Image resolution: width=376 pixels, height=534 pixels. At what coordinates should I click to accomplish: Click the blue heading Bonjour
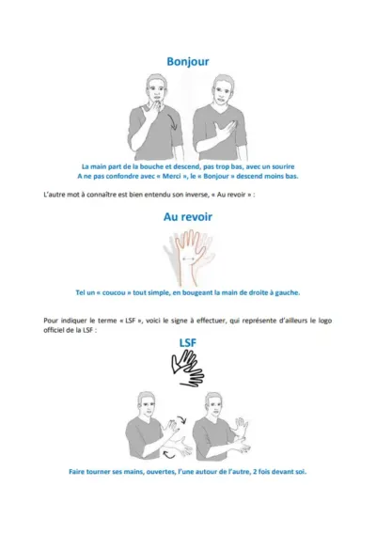coord(187,62)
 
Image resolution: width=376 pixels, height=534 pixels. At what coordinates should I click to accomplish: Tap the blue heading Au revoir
coord(187,217)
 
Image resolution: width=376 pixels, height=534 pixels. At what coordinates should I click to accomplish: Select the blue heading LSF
coord(187,343)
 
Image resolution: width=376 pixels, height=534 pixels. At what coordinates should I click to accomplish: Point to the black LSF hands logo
coord(187,369)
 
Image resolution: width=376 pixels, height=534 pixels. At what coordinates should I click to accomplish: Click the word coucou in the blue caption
coord(128,291)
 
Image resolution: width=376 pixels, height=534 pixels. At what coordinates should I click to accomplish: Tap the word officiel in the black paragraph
coord(60,328)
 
